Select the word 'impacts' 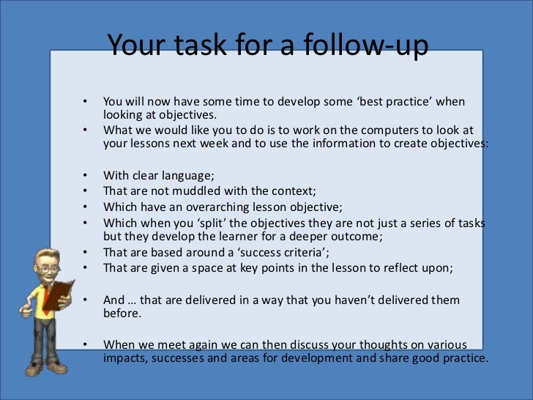pyautogui.click(x=123, y=359)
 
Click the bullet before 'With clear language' pyautogui.click(x=85, y=174)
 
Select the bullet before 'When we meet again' pyautogui.click(x=85, y=344)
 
